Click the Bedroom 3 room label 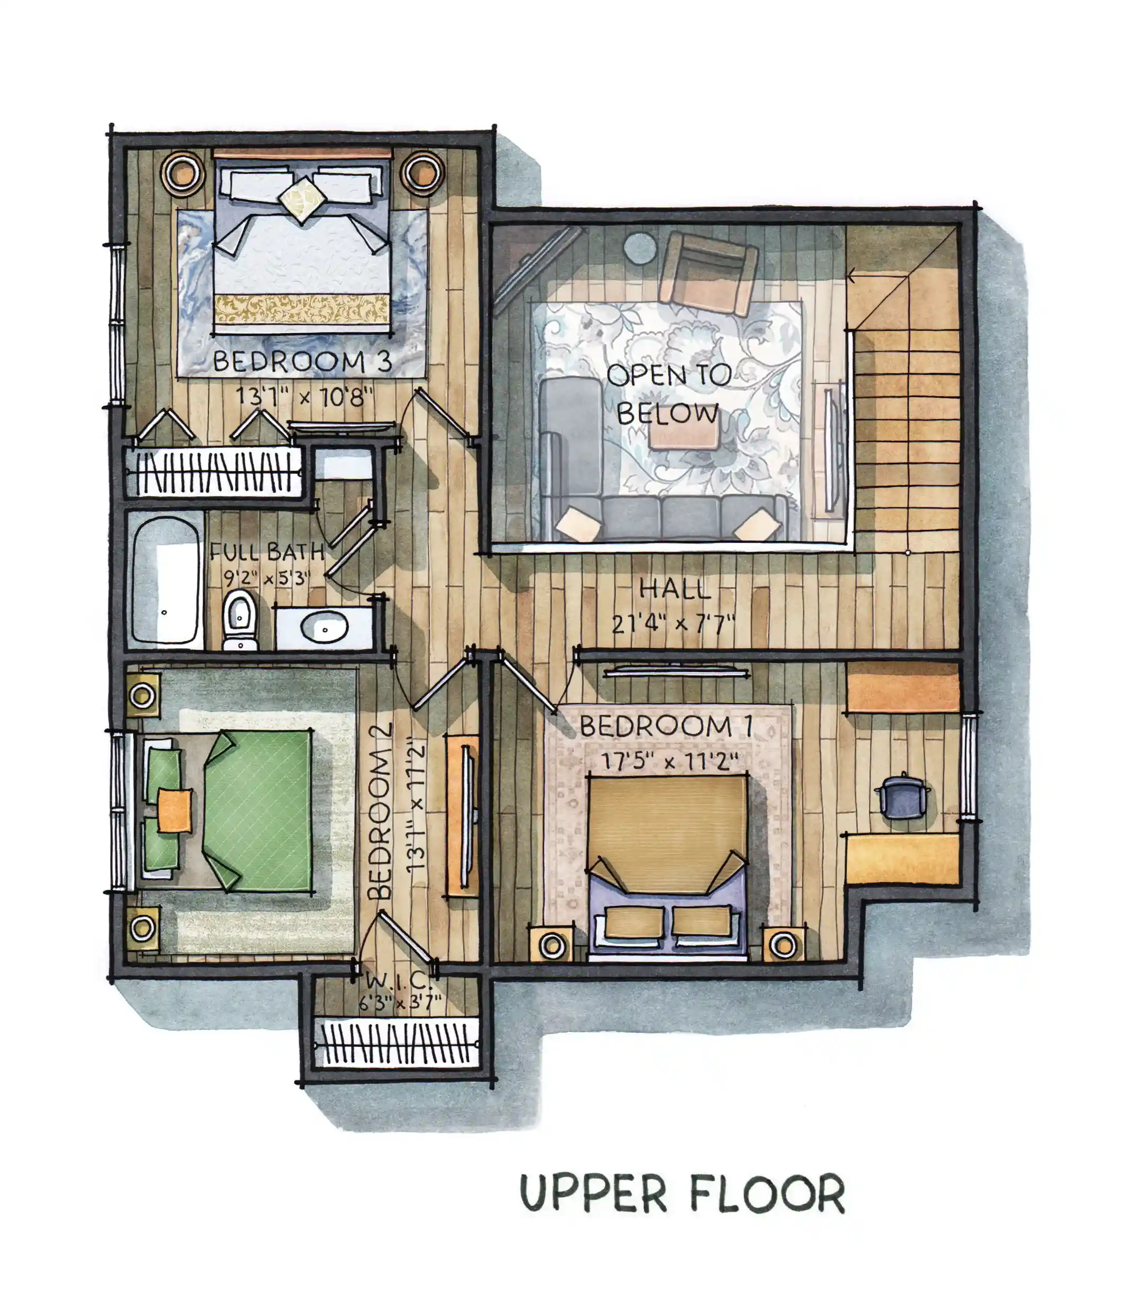pos(302,362)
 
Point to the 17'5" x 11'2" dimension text pos(669,761)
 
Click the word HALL pos(675,589)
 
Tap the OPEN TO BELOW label pos(669,394)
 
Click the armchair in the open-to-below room pos(708,274)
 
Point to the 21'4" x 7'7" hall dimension pos(674,624)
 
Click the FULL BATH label pos(267,552)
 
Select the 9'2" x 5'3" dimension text pos(267,578)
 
